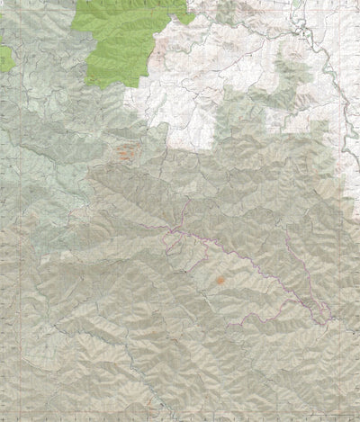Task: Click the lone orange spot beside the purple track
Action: [x=219, y=281]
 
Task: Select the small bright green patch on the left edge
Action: [x=6, y=58]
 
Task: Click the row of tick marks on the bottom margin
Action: [x=180, y=418]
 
